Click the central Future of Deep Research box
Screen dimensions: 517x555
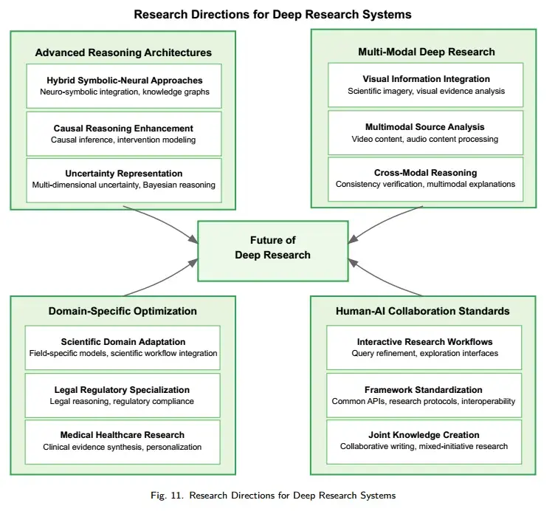pos(273,247)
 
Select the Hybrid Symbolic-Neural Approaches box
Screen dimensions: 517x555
pos(123,86)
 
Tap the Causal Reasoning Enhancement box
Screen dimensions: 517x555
pos(123,134)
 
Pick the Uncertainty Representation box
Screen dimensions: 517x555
pos(123,179)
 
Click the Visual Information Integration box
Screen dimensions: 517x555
pos(426,85)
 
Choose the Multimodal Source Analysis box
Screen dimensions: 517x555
pos(426,133)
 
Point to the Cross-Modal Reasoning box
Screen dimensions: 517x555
pos(426,179)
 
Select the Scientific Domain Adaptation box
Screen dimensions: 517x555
pos(123,348)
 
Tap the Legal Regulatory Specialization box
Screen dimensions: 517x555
pos(123,395)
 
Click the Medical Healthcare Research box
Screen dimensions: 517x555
pos(123,441)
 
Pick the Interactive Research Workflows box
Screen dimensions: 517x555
pos(426,348)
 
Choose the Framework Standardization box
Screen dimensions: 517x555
pos(426,395)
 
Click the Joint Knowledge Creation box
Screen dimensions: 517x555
pos(426,441)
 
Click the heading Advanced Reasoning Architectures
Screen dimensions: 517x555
pos(123,52)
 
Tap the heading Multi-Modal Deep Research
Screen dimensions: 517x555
pos(426,52)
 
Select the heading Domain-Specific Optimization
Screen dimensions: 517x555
pos(123,311)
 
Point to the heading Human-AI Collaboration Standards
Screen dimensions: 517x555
pos(426,311)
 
